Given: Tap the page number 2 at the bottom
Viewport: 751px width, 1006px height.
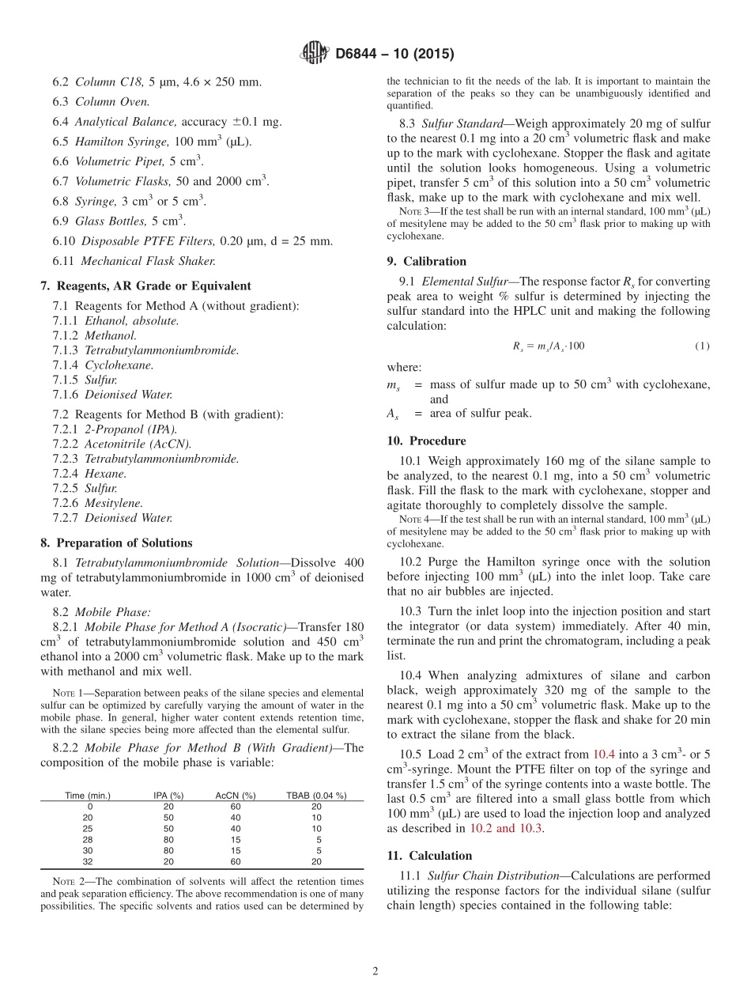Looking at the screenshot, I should (x=375, y=970).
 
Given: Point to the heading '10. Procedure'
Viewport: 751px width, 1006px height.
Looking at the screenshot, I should (x=426, y=441).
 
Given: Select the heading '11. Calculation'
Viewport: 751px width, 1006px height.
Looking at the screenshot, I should (x=429, y=856).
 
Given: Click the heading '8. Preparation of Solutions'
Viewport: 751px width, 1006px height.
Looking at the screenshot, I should (x=116, y=543).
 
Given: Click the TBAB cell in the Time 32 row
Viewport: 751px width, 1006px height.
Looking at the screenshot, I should (x=316, y=861).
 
